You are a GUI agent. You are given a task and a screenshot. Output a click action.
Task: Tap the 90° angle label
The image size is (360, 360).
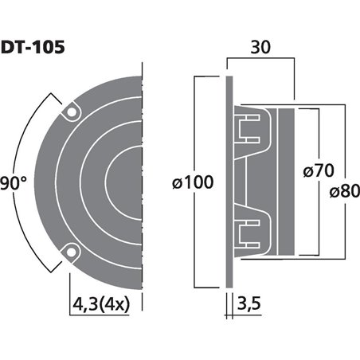14,182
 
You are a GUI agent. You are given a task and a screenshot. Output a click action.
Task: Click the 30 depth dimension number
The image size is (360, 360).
260,48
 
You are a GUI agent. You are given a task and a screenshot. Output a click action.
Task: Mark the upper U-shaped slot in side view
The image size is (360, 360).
249,127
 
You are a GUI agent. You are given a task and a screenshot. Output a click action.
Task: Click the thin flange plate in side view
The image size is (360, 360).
227,182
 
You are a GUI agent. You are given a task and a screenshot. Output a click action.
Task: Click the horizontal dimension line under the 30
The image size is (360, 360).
260,58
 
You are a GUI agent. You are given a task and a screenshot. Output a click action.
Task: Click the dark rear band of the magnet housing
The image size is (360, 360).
284,182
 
